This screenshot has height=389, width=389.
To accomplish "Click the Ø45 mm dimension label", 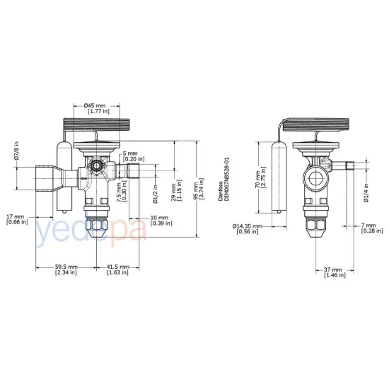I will pyautogui.click(x=97, y=108).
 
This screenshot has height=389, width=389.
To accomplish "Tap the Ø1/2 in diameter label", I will pyautogui.click(x=155, y=190).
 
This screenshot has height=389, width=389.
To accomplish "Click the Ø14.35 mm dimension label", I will pyautogui.click(x=249, y=228).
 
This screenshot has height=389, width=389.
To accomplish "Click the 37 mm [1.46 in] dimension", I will pyautogui.click(x=331, y=272).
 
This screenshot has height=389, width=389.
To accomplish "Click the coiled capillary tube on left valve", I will pyautogui.click(x=98, y=127).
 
